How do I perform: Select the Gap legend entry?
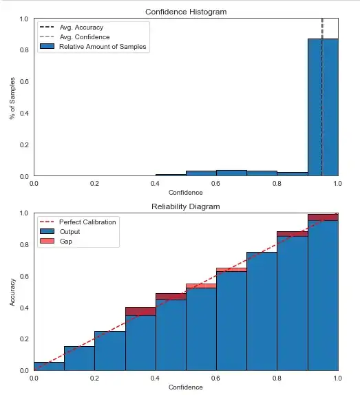(66, 242)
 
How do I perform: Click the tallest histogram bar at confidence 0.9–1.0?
(323, 110)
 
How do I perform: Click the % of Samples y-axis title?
(13, 97)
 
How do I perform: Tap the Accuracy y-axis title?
(13, 292)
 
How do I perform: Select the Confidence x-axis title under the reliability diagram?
(186, 387)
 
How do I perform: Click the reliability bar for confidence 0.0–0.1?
(49, 366)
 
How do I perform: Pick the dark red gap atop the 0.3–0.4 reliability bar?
(140, 311)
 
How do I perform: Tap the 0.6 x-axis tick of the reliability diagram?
(216, 378)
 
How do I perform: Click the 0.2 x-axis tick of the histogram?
(94, 184)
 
